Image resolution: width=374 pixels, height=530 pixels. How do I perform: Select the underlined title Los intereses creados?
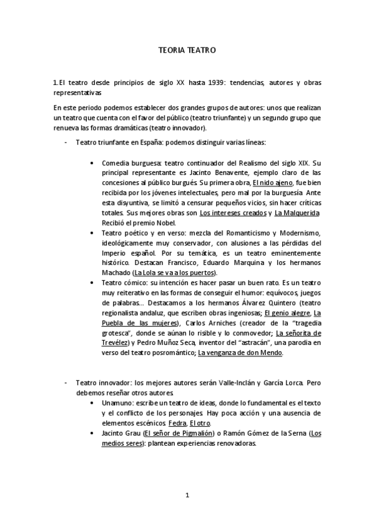[x=233, y=213]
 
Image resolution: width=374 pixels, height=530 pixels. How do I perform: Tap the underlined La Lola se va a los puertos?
[x=174, y=272]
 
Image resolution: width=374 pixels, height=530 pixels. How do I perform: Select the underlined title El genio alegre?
[x=287, y=313]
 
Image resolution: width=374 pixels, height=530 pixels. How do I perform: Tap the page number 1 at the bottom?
[x=187, y=495]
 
